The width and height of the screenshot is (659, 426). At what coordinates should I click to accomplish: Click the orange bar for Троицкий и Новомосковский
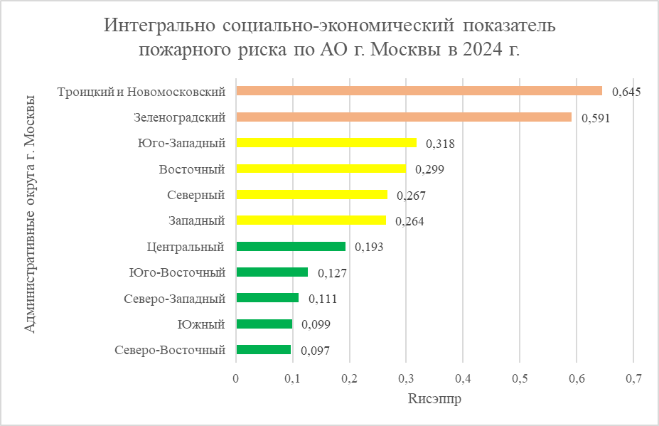click(x=419, y=91)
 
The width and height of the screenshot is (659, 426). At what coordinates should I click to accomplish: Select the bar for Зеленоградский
click(x=403, y=117)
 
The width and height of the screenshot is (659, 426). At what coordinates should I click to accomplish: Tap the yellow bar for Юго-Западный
click(x=326, y=142)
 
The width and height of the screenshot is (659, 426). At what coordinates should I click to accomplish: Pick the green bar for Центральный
click(x=290, y=246)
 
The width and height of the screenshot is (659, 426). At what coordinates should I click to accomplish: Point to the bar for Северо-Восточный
click(x=263, y=349)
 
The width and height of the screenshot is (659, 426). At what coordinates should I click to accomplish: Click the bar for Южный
click(x=264, y=324)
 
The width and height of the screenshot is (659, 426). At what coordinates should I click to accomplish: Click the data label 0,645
click(x=626, y=92)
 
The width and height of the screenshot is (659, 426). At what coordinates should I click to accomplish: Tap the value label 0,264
click(x=409, y=221)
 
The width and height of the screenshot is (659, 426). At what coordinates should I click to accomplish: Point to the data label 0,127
click(x=331, y=273)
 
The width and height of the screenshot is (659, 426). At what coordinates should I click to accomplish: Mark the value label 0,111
click(x=322, y=299)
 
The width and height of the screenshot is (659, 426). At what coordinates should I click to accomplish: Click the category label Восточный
click(x=192, y=169)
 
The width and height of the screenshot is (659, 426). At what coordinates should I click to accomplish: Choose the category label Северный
click(x=195, y=195)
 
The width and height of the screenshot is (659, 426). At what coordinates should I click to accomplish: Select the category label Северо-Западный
click(x=174, y=298)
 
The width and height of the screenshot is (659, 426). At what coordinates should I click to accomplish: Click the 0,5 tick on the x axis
click(x=519, y=378)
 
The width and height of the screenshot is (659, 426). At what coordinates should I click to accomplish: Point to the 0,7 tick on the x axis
click(x=633, y=378)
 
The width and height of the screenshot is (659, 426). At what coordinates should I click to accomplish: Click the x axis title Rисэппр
click(x=434, y=400)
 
